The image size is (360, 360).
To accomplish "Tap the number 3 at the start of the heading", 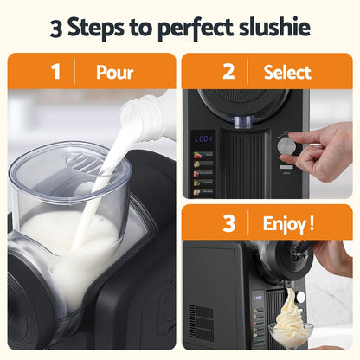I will [57, 28].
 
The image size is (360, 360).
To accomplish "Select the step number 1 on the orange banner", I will [56, 72].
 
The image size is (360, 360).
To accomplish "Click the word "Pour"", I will [114, 73].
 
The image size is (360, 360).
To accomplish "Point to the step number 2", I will [228, 72].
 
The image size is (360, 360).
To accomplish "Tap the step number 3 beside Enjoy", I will [228, 224].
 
